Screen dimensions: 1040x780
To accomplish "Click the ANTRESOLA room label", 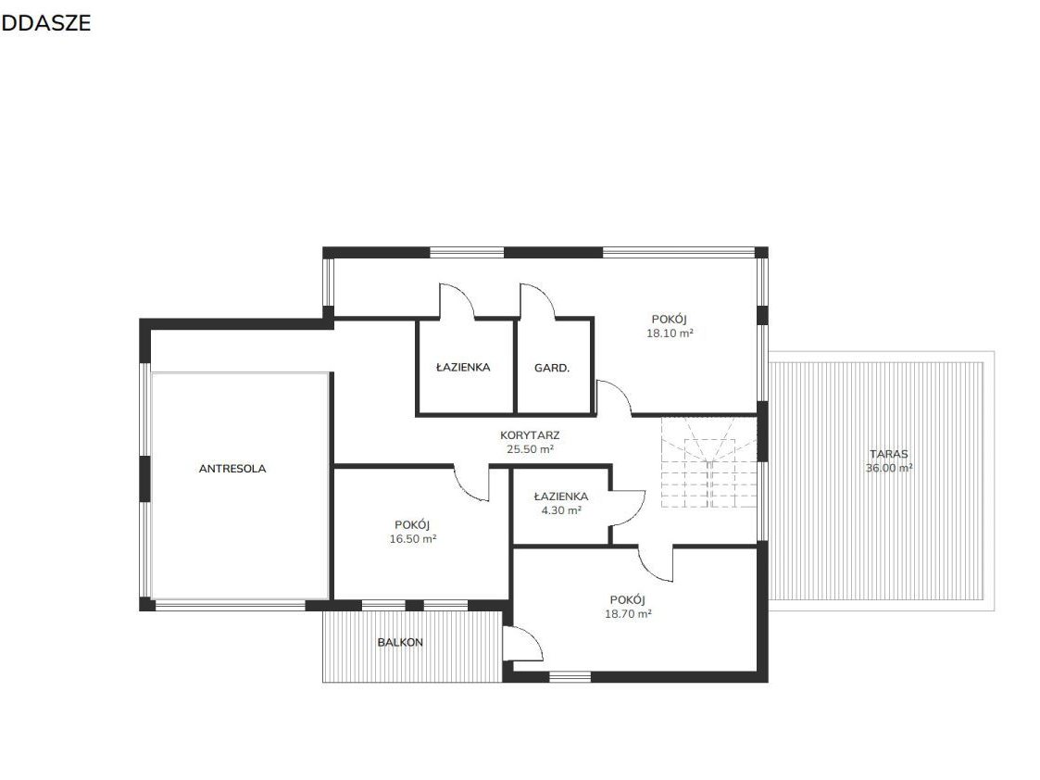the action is [232, 468].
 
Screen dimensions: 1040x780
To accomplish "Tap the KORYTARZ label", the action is [530, 435].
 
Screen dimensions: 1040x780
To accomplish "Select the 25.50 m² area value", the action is [530, 449].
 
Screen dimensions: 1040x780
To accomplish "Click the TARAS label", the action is [889, 454].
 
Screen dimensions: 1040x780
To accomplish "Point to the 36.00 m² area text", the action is [889, 468].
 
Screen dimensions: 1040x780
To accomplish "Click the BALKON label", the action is [400, 642].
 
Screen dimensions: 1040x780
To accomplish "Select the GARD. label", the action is [552, 368].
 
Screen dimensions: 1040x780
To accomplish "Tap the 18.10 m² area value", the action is [670, 333].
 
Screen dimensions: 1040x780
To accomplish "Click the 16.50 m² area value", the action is [412, 539].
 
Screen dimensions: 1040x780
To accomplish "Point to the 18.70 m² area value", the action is [628, 614].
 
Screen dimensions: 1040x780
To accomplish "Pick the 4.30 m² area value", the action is [561, 510].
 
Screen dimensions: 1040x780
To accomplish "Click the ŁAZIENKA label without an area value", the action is [463, 367].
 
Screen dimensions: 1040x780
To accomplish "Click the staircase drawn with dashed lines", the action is [709, 462].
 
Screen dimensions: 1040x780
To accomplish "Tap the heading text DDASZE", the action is [45, 23].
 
